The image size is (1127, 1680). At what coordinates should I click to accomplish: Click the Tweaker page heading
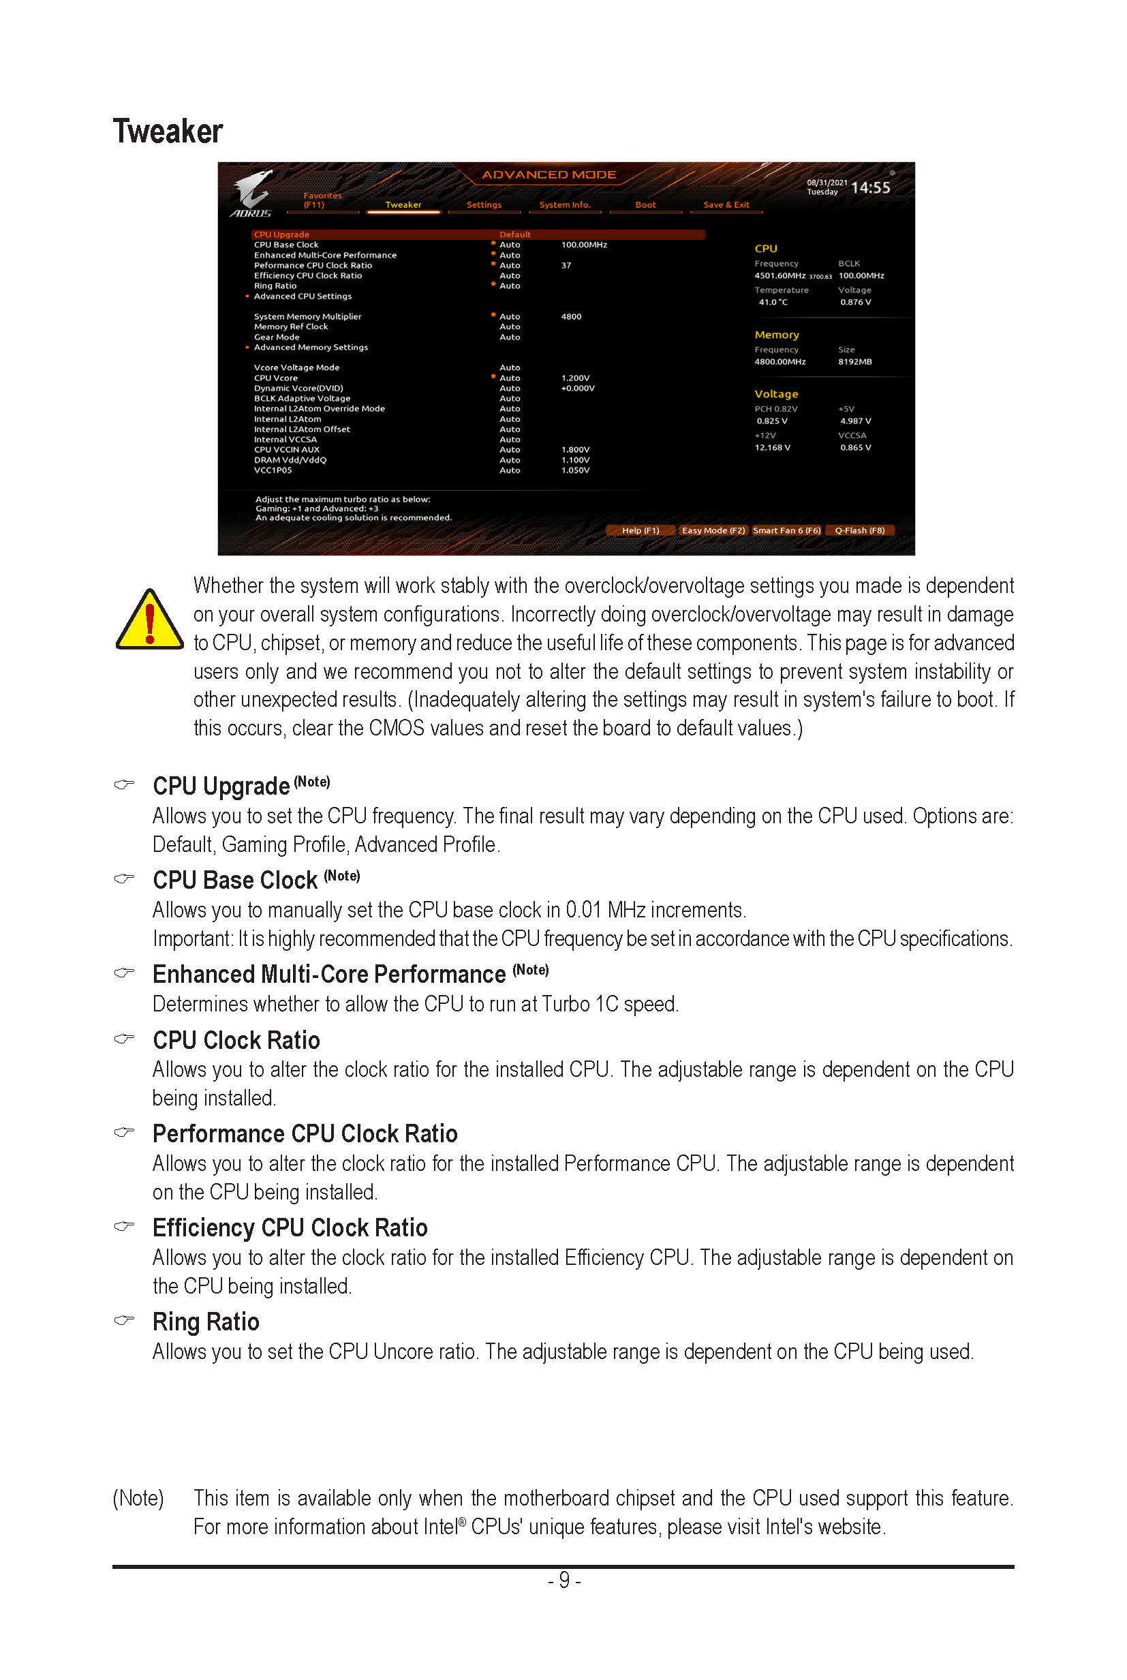click(168, 132)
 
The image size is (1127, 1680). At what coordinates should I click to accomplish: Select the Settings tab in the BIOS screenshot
click(484, 205)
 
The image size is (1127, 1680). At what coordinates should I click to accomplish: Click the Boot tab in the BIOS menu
click(645, 205)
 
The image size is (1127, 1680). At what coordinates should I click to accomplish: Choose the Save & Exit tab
click(725, 205)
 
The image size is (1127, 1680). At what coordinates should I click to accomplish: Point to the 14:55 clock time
click(869, 187)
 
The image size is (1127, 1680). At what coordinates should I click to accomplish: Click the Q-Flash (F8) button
click(859, 530)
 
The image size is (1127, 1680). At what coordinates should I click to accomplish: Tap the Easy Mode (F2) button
click(712, 530)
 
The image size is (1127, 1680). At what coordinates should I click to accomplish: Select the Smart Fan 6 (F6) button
click(786, 530)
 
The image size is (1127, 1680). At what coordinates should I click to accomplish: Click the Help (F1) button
click(640, 530)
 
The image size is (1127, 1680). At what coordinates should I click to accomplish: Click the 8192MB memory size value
click(854, 362)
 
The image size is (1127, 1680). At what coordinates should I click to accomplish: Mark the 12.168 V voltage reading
click(772, 447)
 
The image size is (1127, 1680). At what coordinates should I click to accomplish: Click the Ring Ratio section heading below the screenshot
click(206, 1322)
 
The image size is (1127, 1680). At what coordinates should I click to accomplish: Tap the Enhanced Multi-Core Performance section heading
click(328, 974)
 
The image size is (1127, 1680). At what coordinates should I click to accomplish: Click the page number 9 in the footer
click(564, 1579)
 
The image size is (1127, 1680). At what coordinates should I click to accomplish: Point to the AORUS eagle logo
click(251, 193)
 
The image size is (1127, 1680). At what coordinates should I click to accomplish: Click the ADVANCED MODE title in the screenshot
click(549, 174)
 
